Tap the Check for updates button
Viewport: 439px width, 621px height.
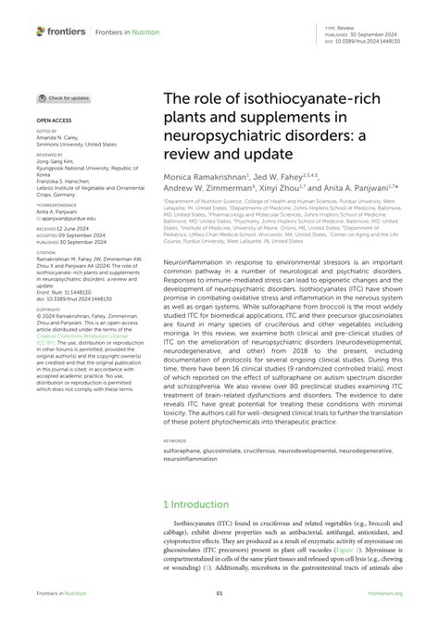point(64,97)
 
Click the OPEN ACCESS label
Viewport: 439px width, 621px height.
point(54,120)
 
